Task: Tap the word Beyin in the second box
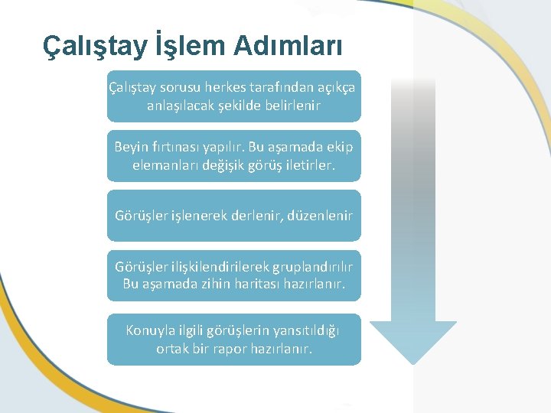(131, 146)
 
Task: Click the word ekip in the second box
(341, 146)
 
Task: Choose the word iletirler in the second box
(310, 164)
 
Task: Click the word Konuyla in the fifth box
(150, 330)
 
